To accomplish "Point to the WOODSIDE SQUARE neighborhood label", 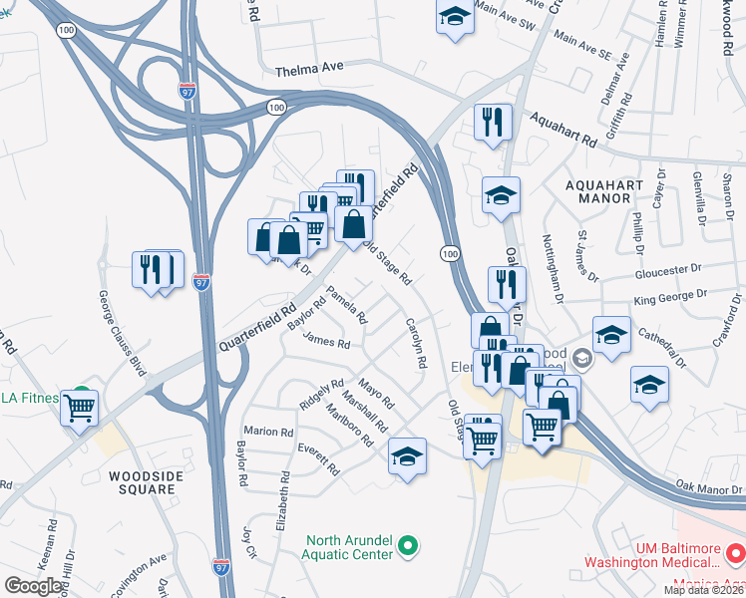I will [148, 482].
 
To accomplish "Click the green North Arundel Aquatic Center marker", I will [407, 545].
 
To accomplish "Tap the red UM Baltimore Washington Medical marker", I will [734, 550].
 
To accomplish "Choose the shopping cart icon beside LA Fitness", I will [79, 407].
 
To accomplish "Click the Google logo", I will [33, 586].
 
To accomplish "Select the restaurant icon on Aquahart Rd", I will [493, 122].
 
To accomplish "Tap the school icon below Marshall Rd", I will [407, 456].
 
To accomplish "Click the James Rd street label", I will [326, 343].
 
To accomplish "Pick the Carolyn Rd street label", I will [417, 341].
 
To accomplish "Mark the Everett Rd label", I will [319, 458].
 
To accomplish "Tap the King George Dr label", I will [670, 296].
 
